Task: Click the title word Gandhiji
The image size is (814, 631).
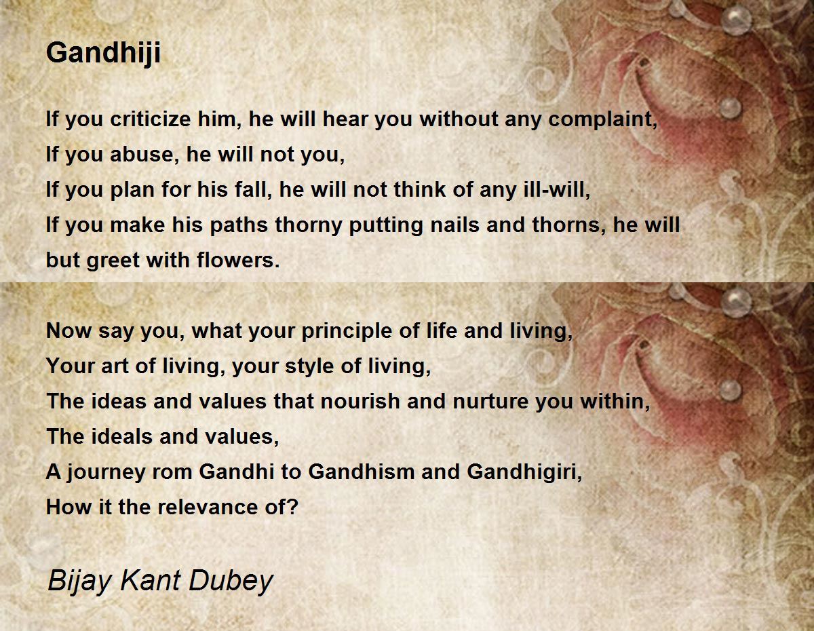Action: [x=103, y=53]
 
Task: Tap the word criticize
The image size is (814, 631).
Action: [x=151, y=119]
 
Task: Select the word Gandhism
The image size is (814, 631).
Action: [x=362, y=472]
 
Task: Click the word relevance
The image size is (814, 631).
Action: [x=208, y=508]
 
